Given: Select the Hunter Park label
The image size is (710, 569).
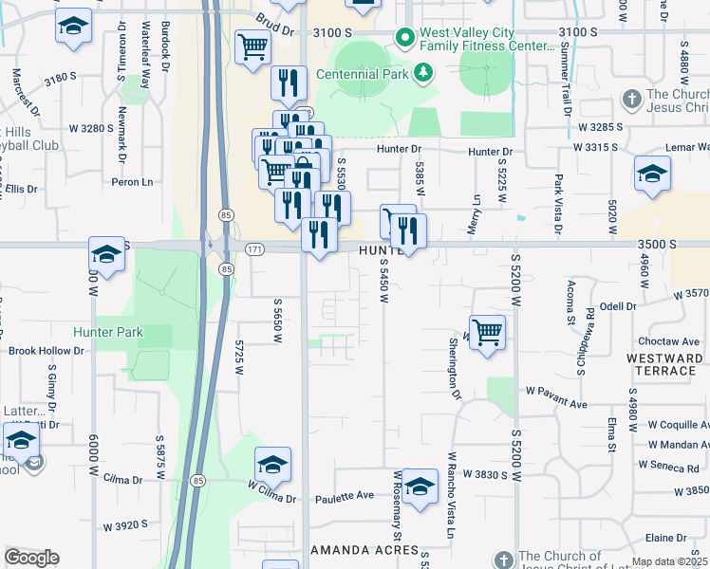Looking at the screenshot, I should tap(108, 332).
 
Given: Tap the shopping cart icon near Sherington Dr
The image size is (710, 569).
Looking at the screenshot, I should tap(487, 332).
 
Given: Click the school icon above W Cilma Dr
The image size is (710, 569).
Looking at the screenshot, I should tap(272, 464).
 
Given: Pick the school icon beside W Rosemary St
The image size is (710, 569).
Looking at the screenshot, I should tap(419, 486).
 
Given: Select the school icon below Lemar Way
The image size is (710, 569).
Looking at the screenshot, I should tap(652, 174).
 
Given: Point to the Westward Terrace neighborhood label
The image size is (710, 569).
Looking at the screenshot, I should tap(662, 364).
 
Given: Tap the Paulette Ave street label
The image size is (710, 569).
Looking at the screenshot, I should tap(345, 495).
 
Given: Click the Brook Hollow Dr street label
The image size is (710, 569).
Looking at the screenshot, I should tap(47, 350).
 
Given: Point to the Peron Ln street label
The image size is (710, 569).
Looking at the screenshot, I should tap(133, 182).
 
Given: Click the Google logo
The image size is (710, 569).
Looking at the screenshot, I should tap(31, 558).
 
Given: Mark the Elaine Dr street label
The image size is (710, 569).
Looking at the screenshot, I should tap(664, 537).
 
